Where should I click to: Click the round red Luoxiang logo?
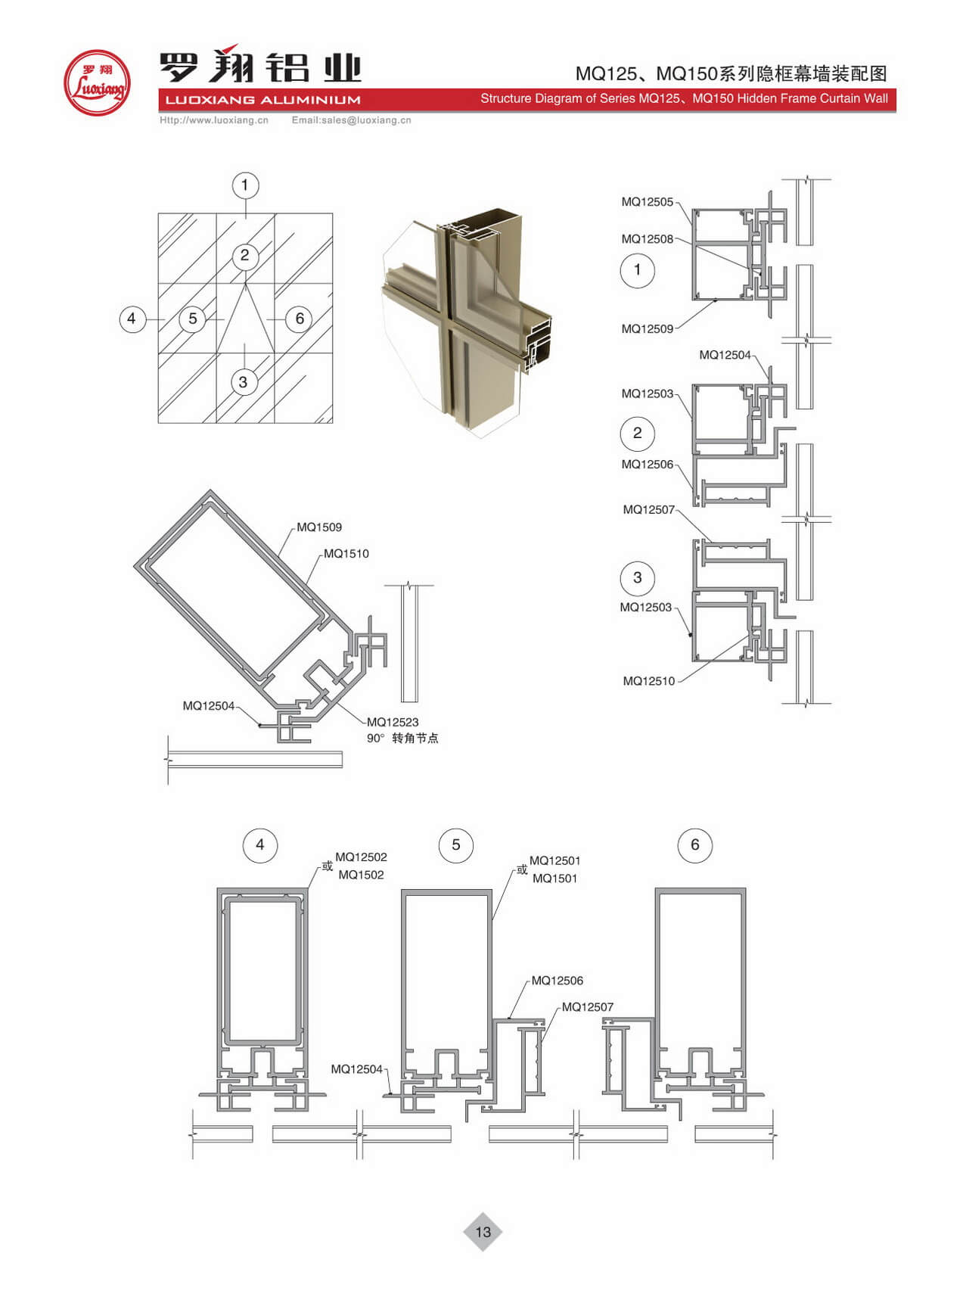(x=97, y=83)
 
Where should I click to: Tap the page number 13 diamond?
(x=483, y=1232)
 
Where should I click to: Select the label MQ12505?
(x=647, y=202)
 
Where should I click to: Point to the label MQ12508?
(x=647, y=239)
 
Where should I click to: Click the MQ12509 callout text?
(x=647, y=329)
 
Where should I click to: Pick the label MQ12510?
(x=648, y=682)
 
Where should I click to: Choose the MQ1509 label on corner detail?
(x=319, y=527)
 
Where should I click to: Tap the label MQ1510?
(x=346, y=554)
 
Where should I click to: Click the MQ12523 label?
(x=393, y=723)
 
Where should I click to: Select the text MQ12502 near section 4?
(x=361, y=857)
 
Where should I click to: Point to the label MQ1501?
(x=554, y=879)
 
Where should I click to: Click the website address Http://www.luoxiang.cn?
(x=214, y=120)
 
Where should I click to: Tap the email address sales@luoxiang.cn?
(x=366, y=120)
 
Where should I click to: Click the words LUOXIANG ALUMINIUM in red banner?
(x=262, y=100)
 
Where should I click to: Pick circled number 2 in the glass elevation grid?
(x=244, y=256)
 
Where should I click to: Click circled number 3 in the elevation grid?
(x=243, y=383)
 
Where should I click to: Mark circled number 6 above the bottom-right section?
(x=695, y=845)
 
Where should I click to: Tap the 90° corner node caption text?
(x=402, y=739)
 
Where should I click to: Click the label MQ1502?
(x=361, y=875)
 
